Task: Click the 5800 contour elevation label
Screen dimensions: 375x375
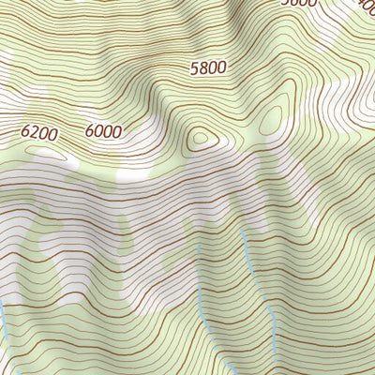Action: coord(208,68)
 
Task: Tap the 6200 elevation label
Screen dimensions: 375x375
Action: coord(39,134)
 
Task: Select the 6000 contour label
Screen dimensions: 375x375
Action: coord(102,131)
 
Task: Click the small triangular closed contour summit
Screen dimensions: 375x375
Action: coord(200,140)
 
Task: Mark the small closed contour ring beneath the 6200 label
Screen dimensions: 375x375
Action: coord(45,150)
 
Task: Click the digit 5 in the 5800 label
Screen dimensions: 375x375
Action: coord(194,68)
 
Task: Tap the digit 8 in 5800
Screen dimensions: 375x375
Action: coord(203,68)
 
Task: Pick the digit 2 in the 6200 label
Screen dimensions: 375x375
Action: coord(35,134)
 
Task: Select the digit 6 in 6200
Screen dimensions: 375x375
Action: coord(25,134)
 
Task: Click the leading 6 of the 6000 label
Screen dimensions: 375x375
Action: coord(89,131)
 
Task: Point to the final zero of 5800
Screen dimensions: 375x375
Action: coord(222,68)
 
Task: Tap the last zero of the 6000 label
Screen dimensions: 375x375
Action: coord(116,131)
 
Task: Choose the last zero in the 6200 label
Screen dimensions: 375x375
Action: coord(53,134)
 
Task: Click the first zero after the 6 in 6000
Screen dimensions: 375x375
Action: coord(97,131)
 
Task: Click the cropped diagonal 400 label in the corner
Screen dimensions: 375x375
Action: coord(367,5)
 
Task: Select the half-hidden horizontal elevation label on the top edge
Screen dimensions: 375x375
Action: coord(300,3)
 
